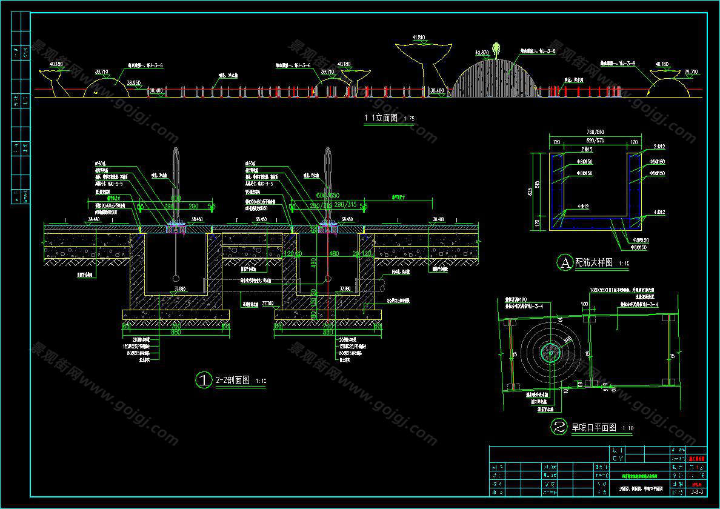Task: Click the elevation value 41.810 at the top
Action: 419,38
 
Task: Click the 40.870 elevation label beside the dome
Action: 482,53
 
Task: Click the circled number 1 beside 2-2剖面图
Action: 202,380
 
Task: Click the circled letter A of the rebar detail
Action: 564,262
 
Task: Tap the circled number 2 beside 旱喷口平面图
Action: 558,427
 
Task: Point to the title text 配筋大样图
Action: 594,262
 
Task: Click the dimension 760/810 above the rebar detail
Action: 594,131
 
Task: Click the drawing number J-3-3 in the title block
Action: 696,492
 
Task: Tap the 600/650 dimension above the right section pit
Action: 328,196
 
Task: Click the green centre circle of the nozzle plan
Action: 550,349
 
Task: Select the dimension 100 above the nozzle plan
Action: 584,303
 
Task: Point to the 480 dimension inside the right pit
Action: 333,253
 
